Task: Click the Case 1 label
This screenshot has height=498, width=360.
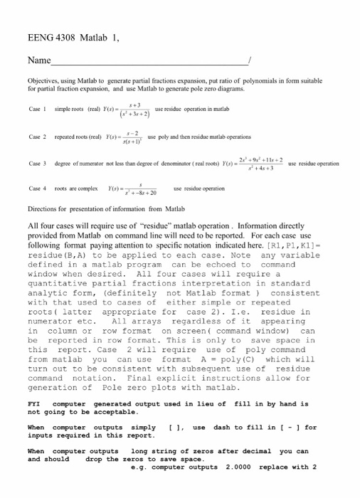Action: pos(37,110)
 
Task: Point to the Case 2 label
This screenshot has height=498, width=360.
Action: pos(37,136)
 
